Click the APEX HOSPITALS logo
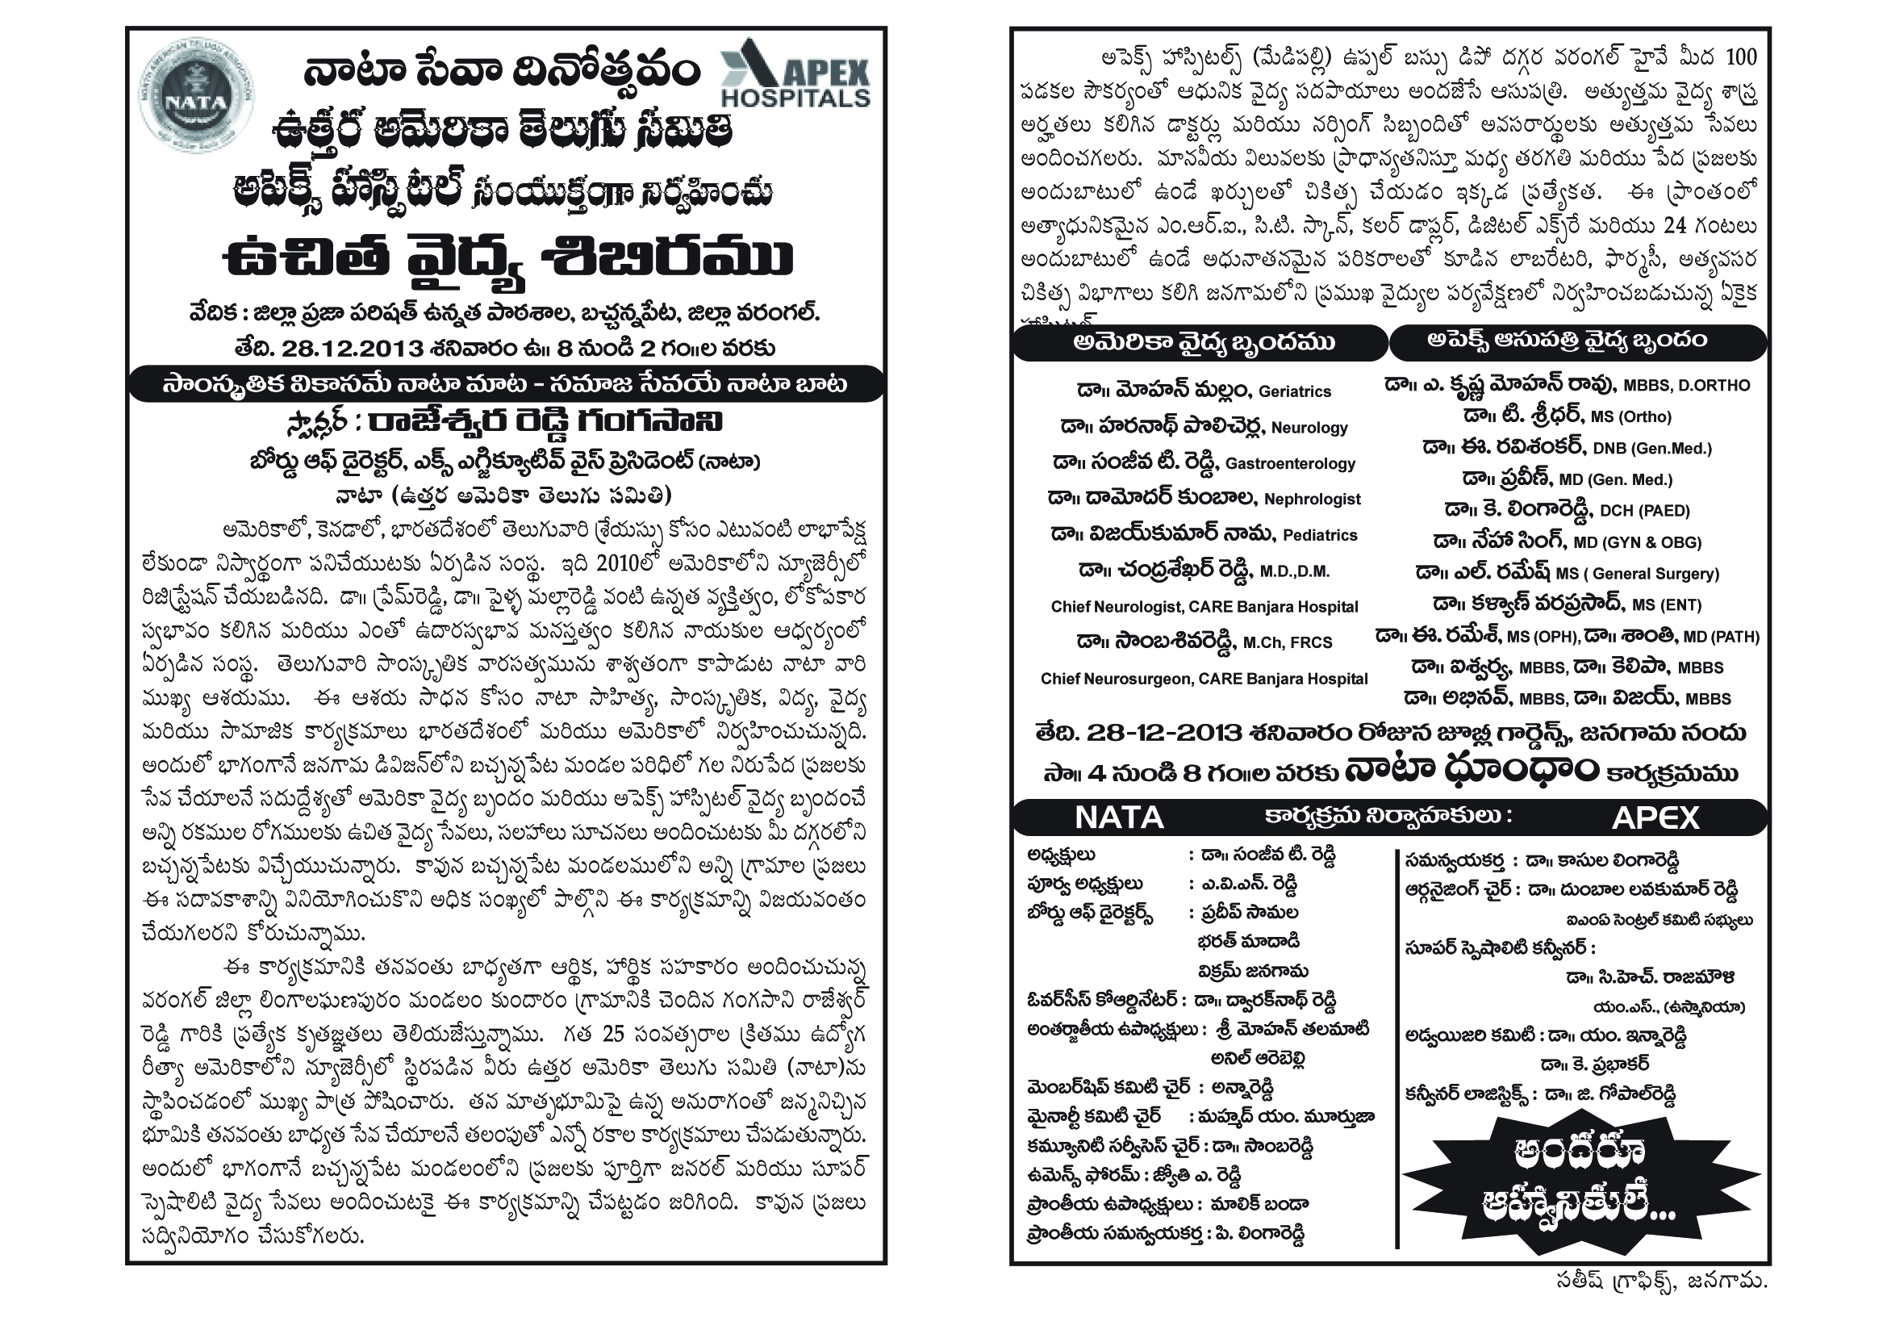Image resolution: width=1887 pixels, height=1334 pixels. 795,74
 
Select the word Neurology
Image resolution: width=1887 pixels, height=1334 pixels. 1309,428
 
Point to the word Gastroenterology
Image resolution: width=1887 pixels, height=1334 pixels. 1289,463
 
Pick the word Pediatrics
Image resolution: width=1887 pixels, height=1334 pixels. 1320,535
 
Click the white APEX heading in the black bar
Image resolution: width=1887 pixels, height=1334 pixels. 1655,818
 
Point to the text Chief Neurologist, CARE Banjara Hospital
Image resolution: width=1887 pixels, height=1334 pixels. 1204,607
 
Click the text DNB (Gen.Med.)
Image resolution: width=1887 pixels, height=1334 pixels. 1651,449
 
